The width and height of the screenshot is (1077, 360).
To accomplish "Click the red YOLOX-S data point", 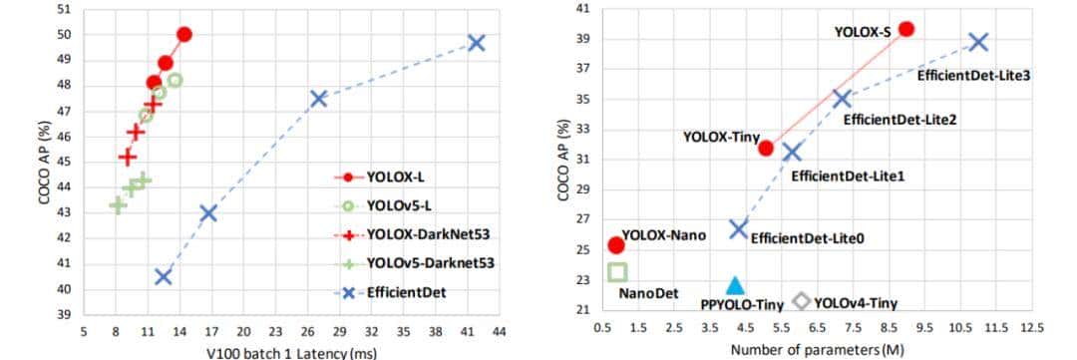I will [x=905, y=29].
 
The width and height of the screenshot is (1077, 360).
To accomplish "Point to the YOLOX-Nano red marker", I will [x=616, y=244].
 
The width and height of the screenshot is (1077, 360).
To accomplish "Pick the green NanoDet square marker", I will [x=617, y=271].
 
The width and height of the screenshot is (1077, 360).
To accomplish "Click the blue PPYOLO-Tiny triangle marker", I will [x=735, y=286].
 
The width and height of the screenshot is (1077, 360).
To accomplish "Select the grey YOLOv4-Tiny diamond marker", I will [x=800, y=300].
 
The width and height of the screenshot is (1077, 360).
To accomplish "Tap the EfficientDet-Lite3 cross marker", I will [x=978, y=42].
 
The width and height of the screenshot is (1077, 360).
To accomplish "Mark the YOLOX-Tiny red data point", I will [x=765, y=148].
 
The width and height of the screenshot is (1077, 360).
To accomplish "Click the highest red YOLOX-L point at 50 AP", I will [x=183, y=34].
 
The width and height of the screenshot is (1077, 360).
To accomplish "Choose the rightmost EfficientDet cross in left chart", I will [x=476, y=43].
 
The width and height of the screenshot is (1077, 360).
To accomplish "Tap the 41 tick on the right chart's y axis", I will [x=581, y=10].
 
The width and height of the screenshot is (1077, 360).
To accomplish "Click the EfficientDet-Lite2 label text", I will [x=899, y=120].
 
